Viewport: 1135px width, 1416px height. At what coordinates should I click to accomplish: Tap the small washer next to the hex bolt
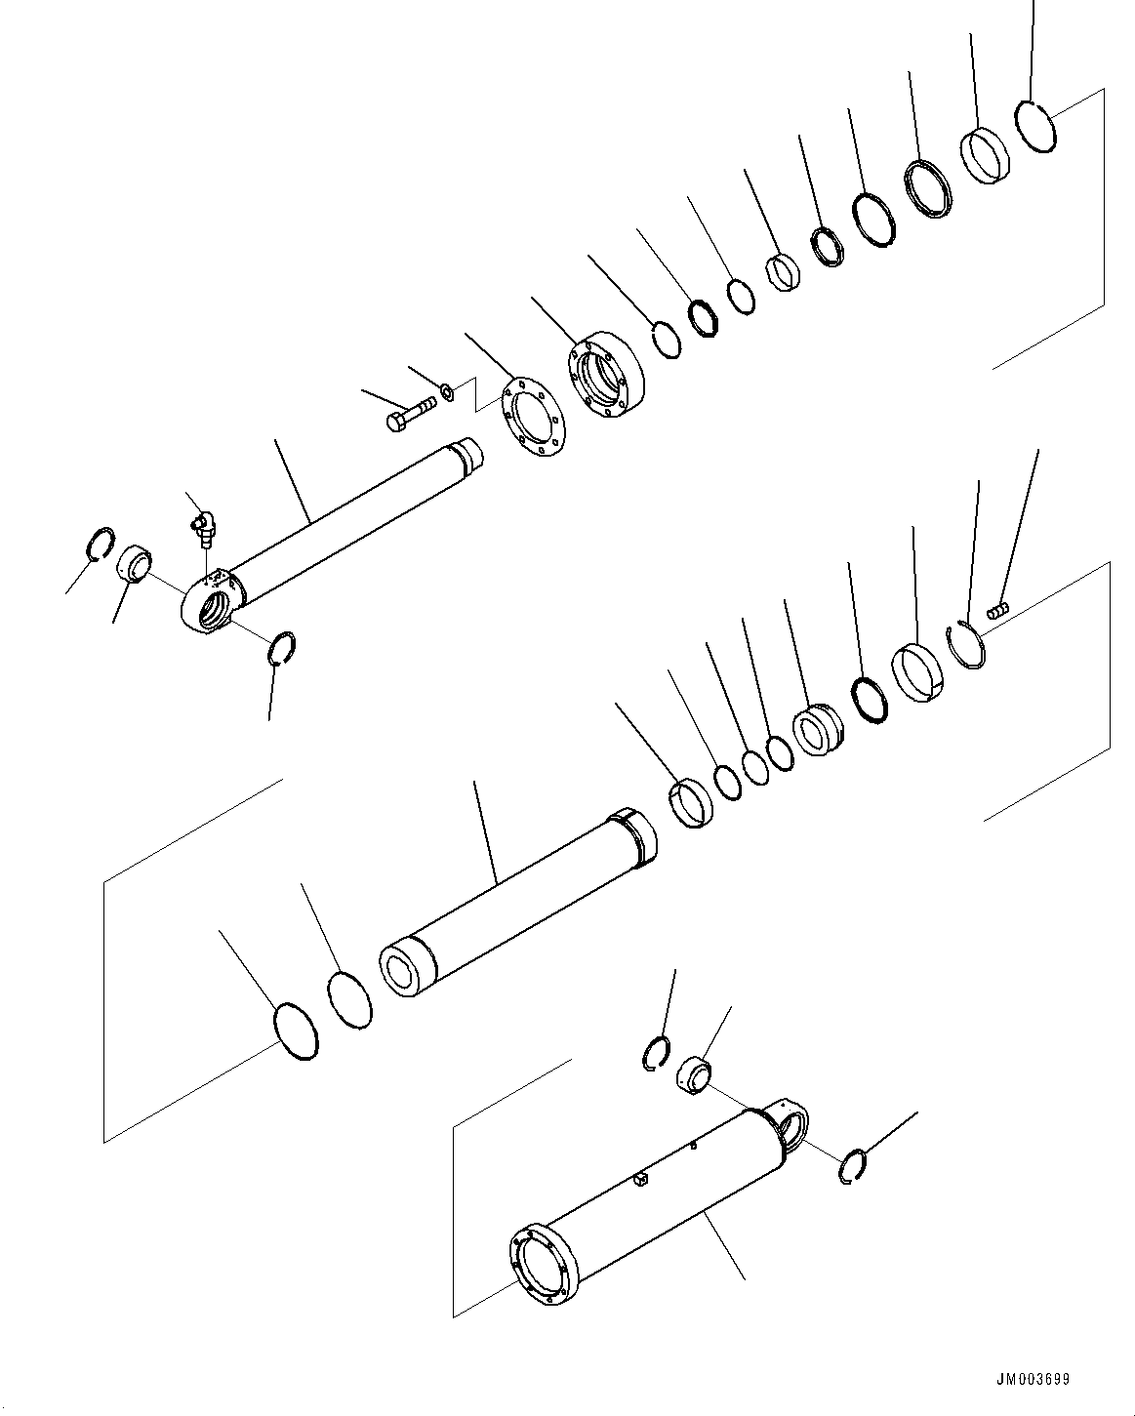pyautogui.click(x=446, y=392)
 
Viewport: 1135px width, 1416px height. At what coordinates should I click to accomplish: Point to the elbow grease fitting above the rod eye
pyautogui.click(x=201, y=525)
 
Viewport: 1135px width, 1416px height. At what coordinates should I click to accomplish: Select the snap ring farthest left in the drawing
pyautogui.click(x=101, y=544)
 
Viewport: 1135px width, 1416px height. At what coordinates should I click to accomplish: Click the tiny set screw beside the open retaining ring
pyautogui.click(x=996, y=612)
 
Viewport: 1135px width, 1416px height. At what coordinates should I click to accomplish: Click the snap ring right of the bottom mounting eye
pyautogui.click(x=854, y=1167)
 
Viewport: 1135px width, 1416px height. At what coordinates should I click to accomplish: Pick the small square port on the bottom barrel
pyautogui.click(x=641, y=1183)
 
